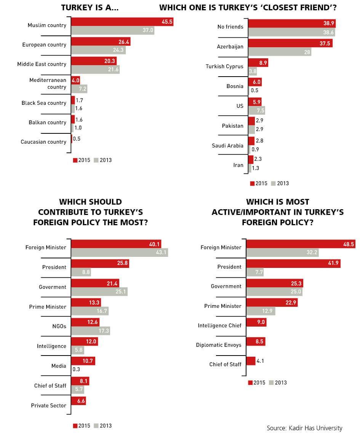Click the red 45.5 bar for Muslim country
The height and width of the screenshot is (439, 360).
tap(122, 22)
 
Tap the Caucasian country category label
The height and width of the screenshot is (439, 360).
tap(43, 142)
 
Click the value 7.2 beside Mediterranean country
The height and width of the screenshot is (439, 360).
tap(83, 89)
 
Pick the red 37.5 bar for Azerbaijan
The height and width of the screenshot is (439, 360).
tap(290, 43)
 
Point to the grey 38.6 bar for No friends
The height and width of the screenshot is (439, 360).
tap(291, 33)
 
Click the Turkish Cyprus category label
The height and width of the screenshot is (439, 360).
tap(224, 66)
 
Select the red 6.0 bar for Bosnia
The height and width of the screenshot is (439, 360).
tap(254, 82)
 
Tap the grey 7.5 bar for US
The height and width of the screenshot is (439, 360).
tap(256, 111)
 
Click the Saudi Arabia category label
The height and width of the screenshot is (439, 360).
tap(227, 146)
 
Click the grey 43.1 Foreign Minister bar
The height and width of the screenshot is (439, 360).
tap(120, 252)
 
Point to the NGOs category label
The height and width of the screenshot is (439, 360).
tap(59, 326)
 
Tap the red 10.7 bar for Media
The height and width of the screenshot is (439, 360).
tap(83, 360)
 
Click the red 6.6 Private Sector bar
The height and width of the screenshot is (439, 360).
tap(78, 401)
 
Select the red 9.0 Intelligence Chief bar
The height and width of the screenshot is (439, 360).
tap(256, 322)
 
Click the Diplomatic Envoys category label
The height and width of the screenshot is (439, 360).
tap(219, 345)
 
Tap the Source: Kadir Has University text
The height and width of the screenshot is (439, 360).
tap(304, 428)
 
